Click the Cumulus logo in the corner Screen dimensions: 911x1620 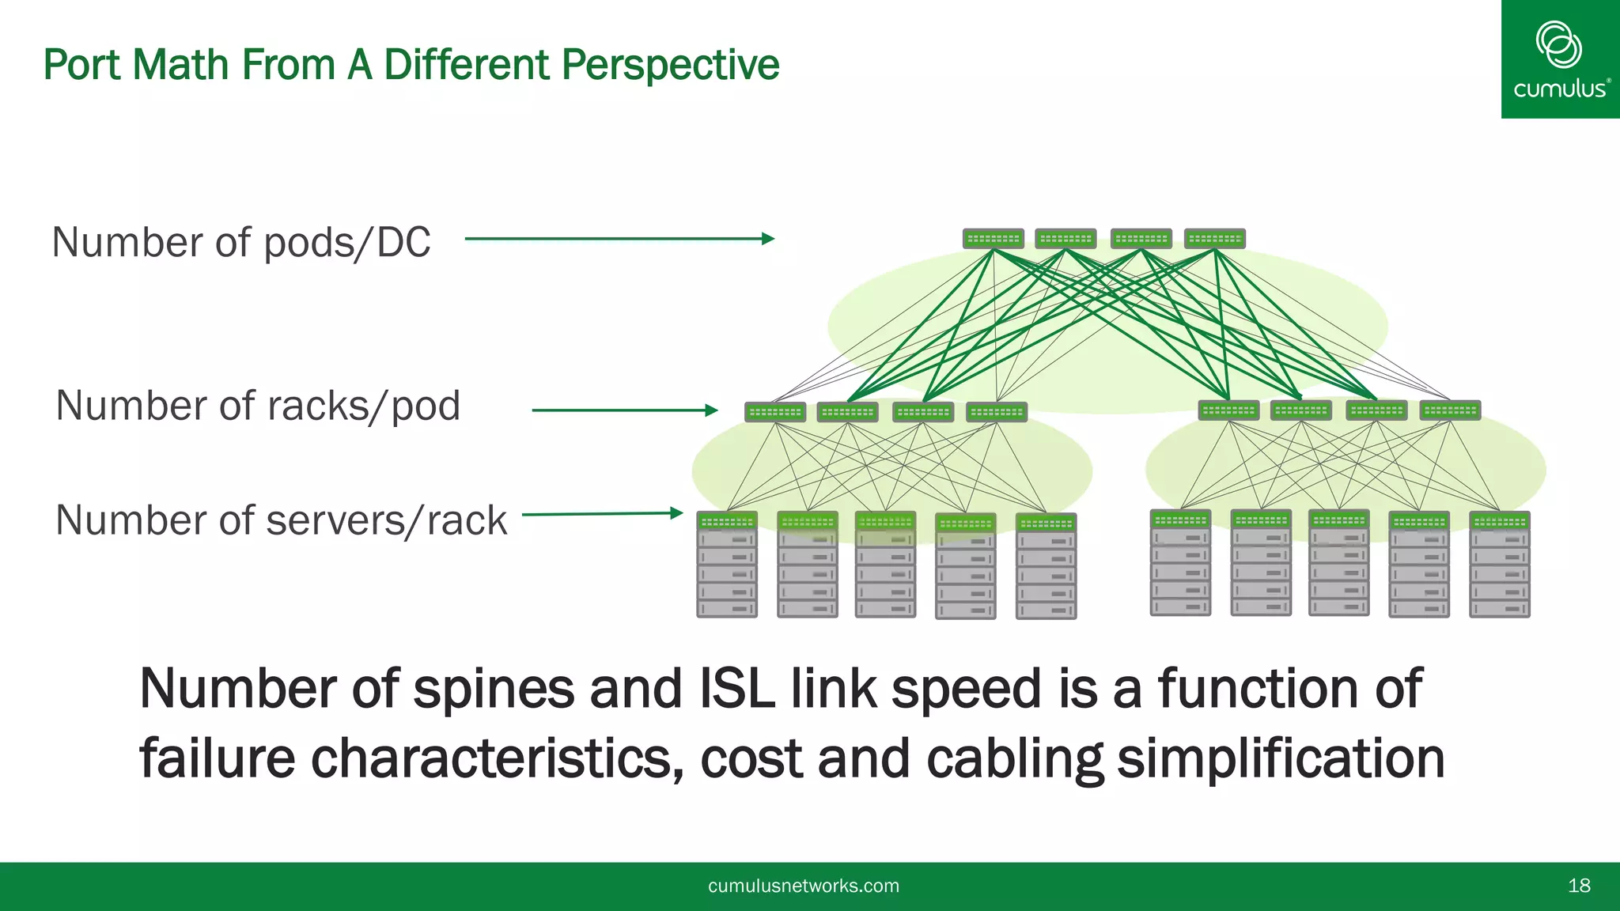1560,59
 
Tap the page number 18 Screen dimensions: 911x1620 1579,886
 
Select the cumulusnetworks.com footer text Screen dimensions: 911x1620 803,886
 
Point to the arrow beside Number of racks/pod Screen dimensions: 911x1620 624,410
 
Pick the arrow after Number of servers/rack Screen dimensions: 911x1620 602,514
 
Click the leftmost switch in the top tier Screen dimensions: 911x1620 993,238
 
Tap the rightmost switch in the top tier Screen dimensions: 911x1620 1214,238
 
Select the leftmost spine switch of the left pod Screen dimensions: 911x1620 774,411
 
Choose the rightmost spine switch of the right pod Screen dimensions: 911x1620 1449,410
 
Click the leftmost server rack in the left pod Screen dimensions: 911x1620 726,564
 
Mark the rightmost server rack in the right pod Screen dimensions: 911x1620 1499,564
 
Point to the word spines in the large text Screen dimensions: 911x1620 494,689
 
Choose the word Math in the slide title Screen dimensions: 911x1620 181,66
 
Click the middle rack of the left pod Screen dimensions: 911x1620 885,564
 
